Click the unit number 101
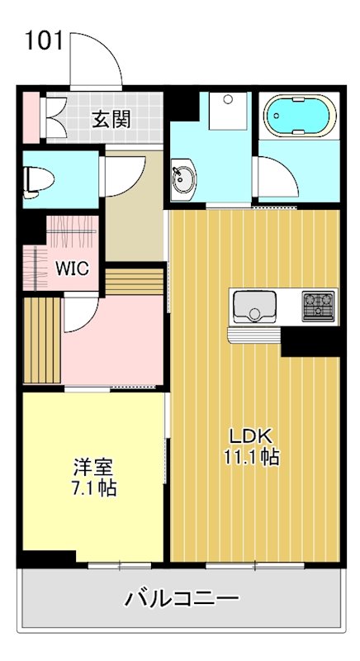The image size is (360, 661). click(x=44, y=40)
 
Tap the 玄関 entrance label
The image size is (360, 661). click(x=111, y=120)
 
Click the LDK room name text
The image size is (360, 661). click(x=252, y=436)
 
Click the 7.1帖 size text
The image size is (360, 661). click(x=92, y=487)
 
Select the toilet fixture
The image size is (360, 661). click(x=36, y=179)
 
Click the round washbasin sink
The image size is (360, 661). click(x=182, y=177)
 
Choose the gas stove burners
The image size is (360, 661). click(x=319, y=306)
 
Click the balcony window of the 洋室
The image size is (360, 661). click(x=121, y=566)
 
